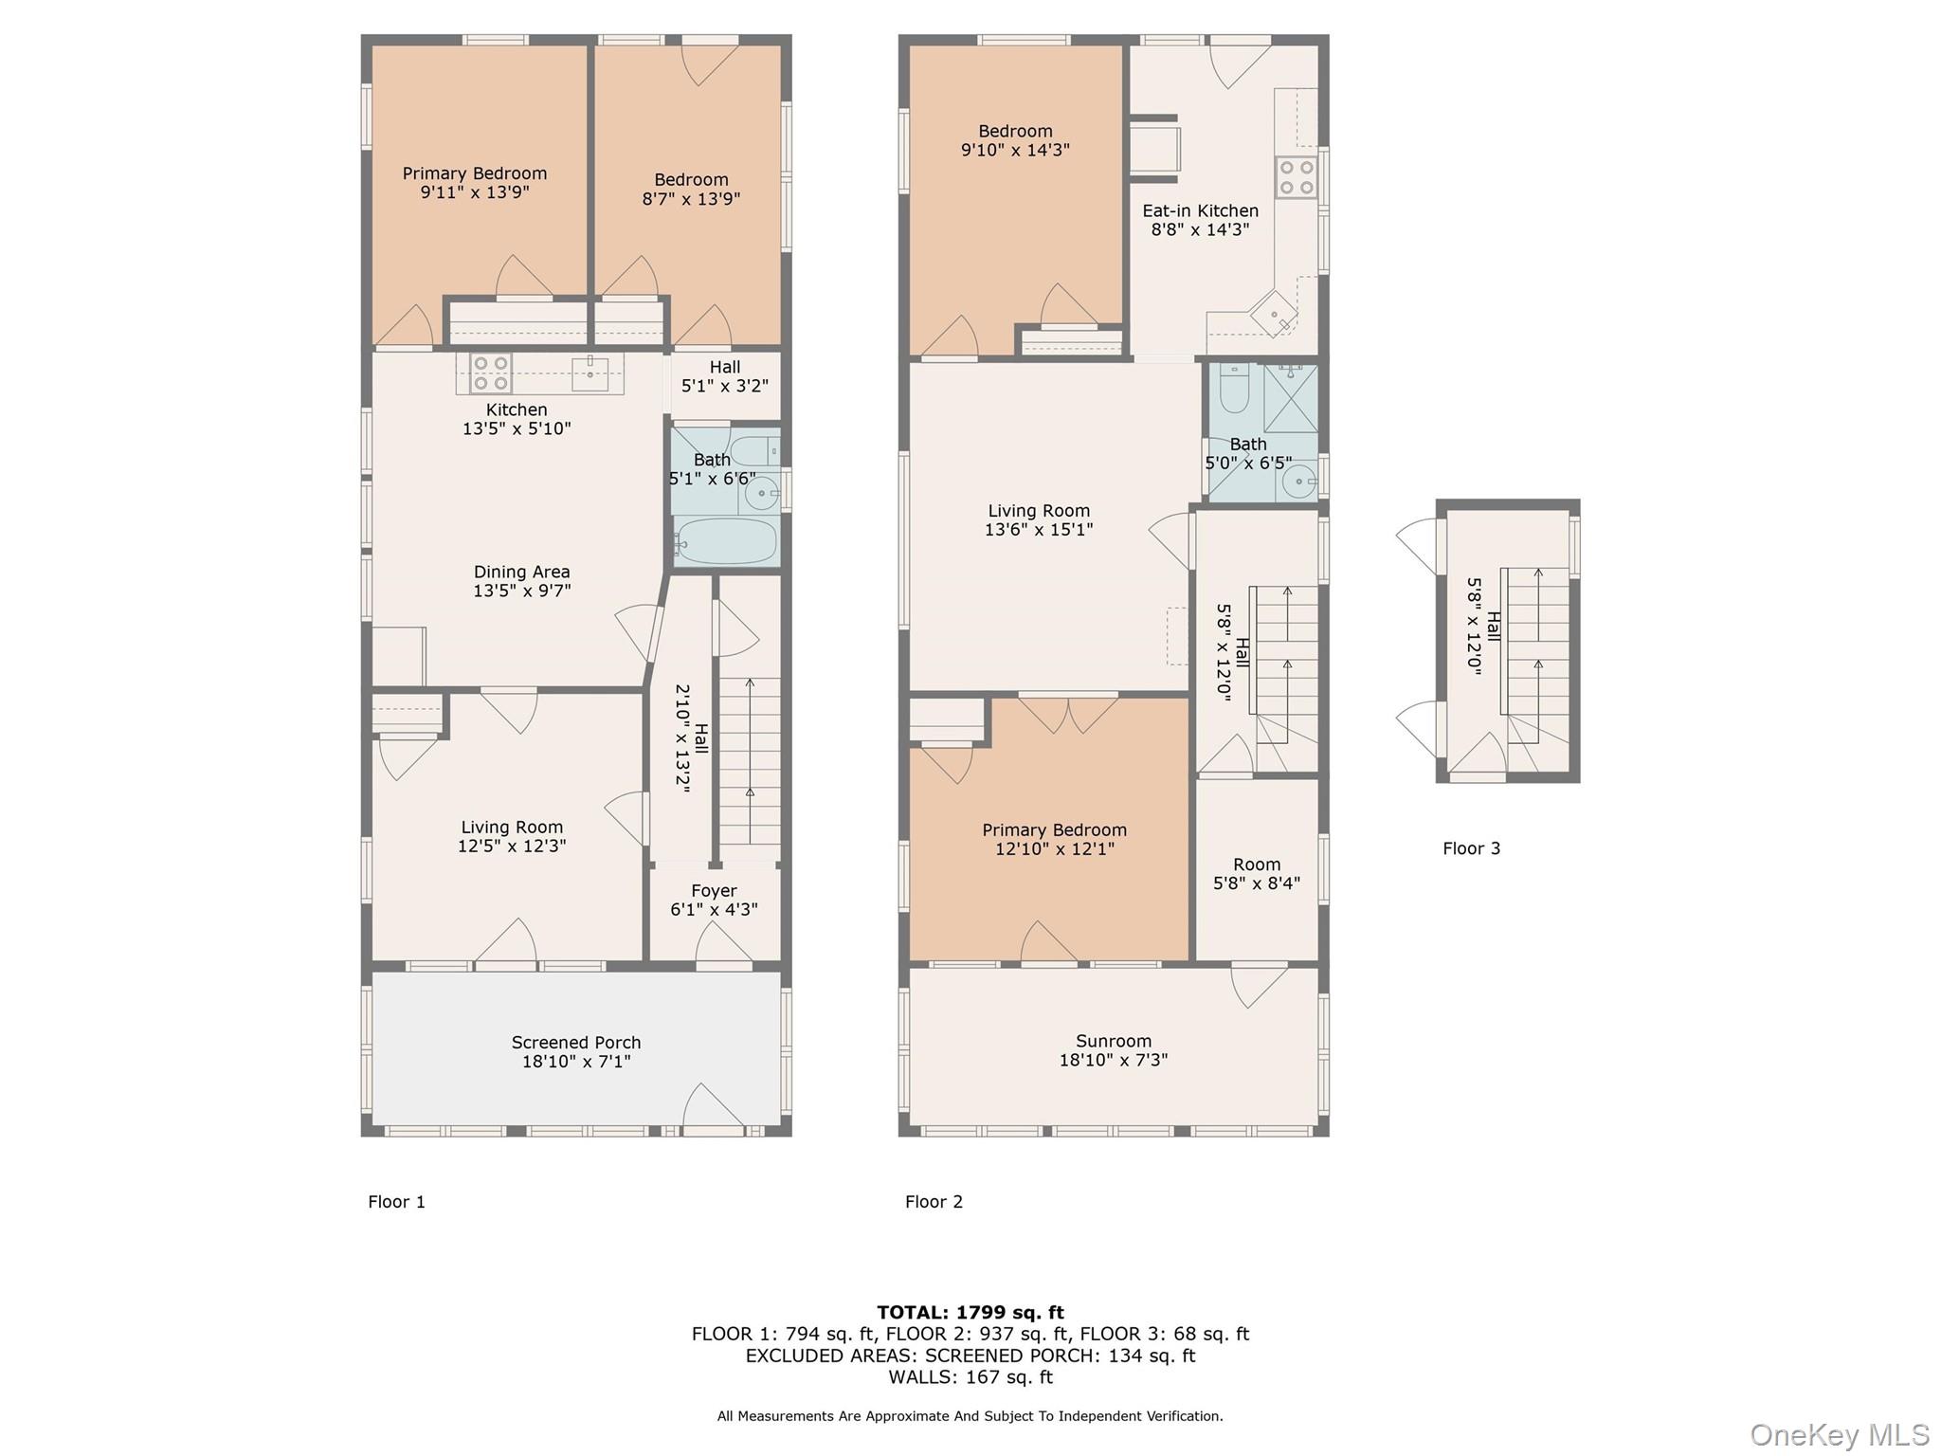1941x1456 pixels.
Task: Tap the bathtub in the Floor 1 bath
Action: point(726,541)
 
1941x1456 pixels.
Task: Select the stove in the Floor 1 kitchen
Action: point(491,373)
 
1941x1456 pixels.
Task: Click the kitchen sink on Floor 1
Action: point(590,373)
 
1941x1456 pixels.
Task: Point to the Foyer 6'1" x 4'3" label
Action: point(714,900)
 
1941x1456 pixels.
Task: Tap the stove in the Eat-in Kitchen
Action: point(1296,177)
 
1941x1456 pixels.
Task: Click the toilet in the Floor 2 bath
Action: point(1234,389)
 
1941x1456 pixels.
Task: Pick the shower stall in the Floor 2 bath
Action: point(1290,399)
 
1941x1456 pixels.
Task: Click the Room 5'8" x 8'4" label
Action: point(1257,873)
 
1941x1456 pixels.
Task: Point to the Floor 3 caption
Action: point(1471,848)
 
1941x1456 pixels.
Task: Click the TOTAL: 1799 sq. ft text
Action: point(970,1312)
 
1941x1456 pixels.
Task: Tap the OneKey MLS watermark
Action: point(1839,1434)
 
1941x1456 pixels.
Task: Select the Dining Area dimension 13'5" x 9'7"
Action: point(521,591)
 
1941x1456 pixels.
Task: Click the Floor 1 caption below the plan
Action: point(396,1202)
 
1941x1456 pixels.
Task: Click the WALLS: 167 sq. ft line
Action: point(970,1376)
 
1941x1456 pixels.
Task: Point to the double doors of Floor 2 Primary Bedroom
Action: point(1069,713)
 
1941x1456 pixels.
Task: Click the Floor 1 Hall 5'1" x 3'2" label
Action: point(725,376)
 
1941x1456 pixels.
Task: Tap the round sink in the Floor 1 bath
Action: point(760,493)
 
